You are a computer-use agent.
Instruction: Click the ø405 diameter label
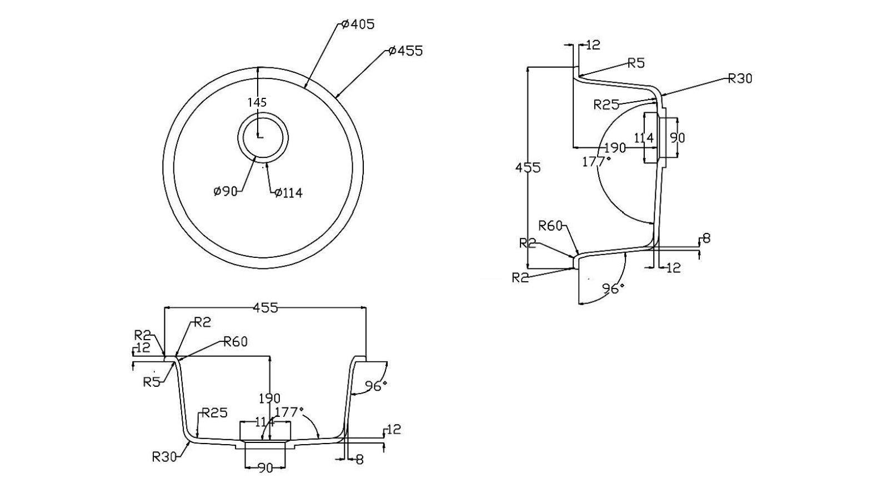tap(358, 24)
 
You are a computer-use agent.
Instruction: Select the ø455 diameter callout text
tap(406, 51)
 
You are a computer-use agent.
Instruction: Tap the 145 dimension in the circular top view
tap(258, 102)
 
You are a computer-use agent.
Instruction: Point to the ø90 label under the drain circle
tap(225, 191)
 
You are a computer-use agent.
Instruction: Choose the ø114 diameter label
tap(288, 193)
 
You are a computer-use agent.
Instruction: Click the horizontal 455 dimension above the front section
tap(265, 308)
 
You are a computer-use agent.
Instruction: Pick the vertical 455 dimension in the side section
tap(528, 167)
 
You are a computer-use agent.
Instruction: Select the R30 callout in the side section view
tap(740, 79)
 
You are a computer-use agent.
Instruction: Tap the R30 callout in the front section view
tap(164, 457)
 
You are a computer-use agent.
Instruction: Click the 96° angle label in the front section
tap(375, 386)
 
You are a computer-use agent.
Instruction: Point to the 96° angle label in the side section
tap(613, 288)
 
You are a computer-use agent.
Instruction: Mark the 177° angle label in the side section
tap(596, 162)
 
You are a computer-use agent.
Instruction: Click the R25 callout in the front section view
tap(214, 413)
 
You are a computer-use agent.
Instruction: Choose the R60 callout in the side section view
tap(551, 226)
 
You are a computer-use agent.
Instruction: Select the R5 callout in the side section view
tap(636, 63)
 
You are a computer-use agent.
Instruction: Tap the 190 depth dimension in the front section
tap(269, 399)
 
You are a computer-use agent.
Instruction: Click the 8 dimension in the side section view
tap(706, 238)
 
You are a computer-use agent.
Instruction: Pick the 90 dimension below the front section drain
tap(265, 468)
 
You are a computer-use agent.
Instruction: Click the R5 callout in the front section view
tap(152, 382)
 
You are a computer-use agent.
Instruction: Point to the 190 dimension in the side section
tap(615, 148)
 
